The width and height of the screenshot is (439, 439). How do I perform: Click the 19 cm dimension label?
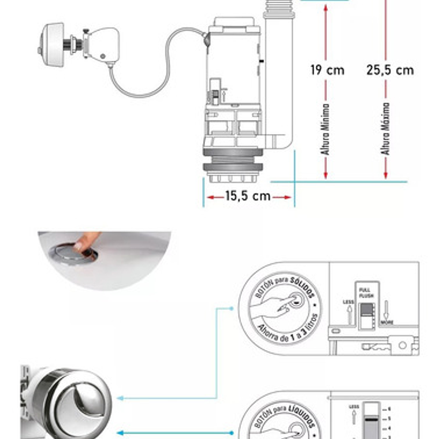[x=327, y=70]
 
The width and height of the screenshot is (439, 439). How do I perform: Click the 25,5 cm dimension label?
[x=390, y=70]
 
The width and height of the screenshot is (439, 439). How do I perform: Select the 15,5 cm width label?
[x=248, y=196]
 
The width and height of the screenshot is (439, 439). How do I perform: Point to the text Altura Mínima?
[x=326, y=128]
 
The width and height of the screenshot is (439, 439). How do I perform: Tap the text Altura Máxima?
[x=385, y=128]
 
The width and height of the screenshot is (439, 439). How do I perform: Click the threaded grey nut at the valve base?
[x=233, y=168]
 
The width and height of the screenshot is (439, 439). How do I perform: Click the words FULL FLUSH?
[x=364, y=291]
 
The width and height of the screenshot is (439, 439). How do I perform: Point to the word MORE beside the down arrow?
[x=386, y=322]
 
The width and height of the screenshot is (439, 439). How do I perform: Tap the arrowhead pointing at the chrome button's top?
[x=118, y=398]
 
